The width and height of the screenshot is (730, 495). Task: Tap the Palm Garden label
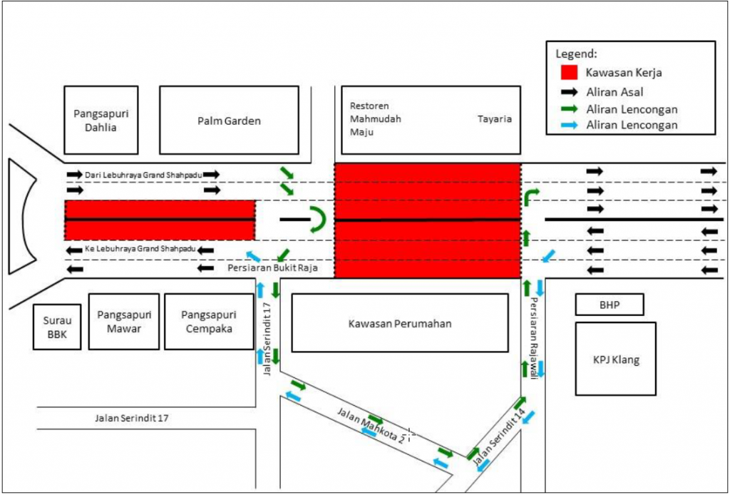tap(229, 121)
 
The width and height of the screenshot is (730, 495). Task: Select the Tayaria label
tap(494, 119)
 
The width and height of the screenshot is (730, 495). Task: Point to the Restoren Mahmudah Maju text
tap(375, 118)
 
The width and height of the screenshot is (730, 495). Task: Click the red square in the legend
tap(568, 72)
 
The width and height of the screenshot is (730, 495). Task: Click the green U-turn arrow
tap(317, 220)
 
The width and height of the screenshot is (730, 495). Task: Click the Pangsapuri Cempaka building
tap(208, 322)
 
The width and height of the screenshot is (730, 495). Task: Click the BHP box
tap(609, 305)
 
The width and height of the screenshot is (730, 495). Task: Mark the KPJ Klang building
tap(615, 359)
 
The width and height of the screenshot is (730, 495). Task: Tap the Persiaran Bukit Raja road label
tap(272, 268)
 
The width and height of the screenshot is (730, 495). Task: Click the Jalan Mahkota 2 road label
tap(371, 424)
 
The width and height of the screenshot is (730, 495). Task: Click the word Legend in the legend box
tap(576, 53)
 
